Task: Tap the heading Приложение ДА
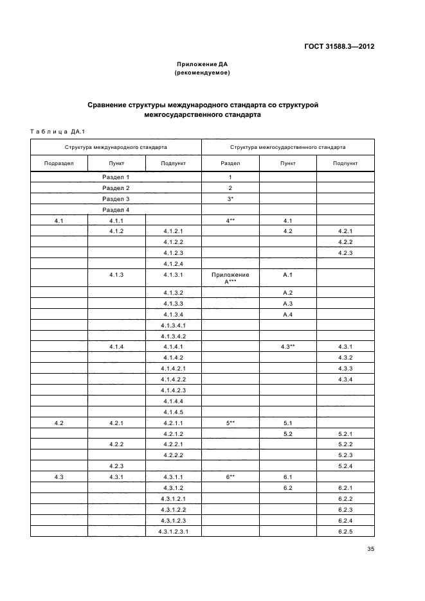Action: pyautogui.click(x=203, y=64)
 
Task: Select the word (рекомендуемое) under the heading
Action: pyautogui.click(x=203, y=73)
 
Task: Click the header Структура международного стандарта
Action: pyautogui.click(x=116, y=147)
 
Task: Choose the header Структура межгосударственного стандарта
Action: pyautogui.click(x=287, y=147)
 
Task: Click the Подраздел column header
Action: pyautogui.click(x=59, y=164)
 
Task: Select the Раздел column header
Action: pyautogui.click(x=230, y=164)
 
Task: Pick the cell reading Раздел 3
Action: pyautogui.click(x=116, y=199)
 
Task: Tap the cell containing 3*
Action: pyautogui.click(x=230, y=199)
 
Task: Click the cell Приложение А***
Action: pyautogui.click(x=230, y=278)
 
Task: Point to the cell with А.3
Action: pyautogui.click(x=287, y=303)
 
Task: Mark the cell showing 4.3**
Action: pyautogui.click(x=287, y=347)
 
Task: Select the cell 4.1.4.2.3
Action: pyautogui.click(x=174, y=390)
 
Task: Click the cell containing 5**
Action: pyautogui.click(x=230, y=423)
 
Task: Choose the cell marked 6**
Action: pyautogui.click(x=230, y=477)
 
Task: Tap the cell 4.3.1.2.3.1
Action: pyautogui.click(x=174, y=532)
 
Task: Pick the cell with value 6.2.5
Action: pyautogui.click(x=345, y=532)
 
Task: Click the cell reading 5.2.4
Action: pyautogui.click(x=345, y=466)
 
